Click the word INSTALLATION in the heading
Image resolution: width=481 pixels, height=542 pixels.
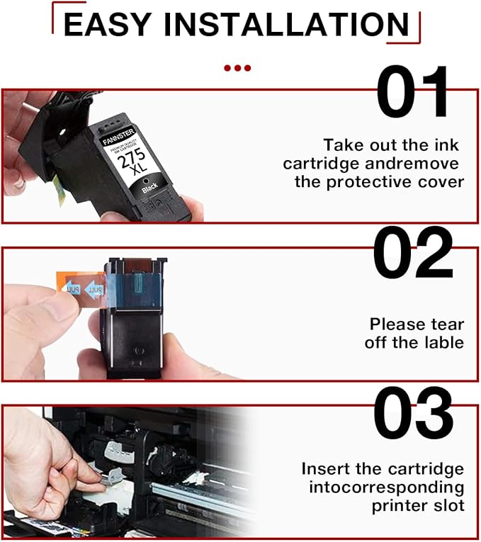[x=294, y=24]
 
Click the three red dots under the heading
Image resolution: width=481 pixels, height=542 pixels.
[x=237, y=68]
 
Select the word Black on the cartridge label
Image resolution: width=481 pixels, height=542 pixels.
[x=149, y=189]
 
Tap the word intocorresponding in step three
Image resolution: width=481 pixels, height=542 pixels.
[x=387, y=487]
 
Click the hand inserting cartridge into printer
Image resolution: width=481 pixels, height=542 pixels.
[x=43, y=461]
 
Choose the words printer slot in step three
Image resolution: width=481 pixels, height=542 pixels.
[x=418, y=506]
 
